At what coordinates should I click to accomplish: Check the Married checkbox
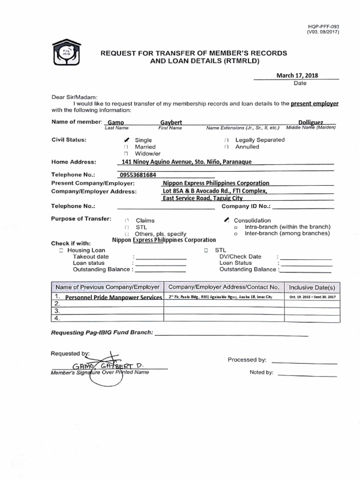(126, 147)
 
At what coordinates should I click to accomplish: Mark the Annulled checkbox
(226, 147)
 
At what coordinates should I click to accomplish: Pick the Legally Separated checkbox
(226, 140)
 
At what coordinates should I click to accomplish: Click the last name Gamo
(116, 122)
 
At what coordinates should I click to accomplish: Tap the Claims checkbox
(126, 220)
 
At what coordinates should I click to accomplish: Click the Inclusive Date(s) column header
(312, 287)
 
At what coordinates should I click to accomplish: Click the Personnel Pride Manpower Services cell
(113, 298)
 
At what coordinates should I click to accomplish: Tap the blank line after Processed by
(304, 362)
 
